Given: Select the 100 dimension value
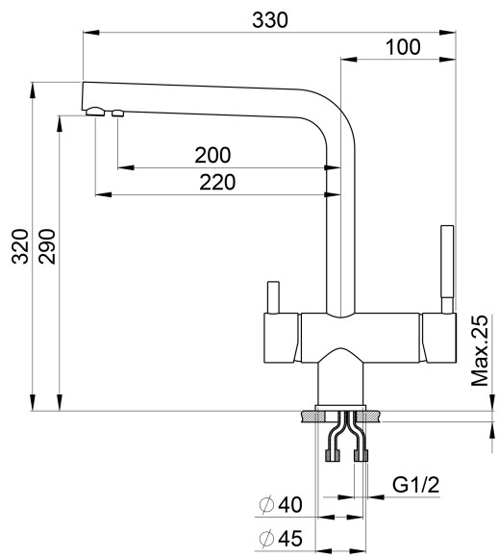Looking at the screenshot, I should tap(403, 46).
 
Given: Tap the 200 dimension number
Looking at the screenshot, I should tap(212, 155).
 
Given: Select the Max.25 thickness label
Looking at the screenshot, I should tap(481, 352).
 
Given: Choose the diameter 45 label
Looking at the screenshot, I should tap(281, 538).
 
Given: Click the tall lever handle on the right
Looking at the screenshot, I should tap(446, 265).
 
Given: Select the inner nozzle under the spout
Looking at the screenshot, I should tap(118, 114).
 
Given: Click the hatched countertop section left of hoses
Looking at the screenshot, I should tap(312, 418).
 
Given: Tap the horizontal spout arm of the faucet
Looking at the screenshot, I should tap(202, 100).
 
